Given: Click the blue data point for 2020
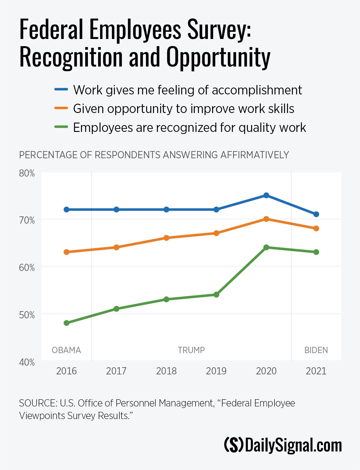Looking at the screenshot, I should point(266,195).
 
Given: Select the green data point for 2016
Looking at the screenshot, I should point(67,323).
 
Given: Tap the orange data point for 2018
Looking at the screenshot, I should point(166,238).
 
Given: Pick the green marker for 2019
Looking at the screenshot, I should point(216,295).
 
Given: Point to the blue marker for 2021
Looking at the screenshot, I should point(316,214).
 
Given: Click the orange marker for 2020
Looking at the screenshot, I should point(266,219).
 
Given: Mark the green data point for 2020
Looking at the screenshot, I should point(266,247).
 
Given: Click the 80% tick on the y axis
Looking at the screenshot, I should point(27,173).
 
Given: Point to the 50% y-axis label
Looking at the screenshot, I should point(27,315).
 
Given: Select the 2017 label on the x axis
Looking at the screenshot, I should point(116,371).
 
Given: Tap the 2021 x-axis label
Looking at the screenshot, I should point(316,371).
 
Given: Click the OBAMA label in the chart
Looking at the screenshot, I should point(66,350).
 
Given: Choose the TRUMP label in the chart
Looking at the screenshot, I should point(191,350).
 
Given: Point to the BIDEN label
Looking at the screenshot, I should point(316,350).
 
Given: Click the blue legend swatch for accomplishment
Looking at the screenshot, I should point(61,89).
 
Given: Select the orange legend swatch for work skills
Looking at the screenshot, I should point(61,108).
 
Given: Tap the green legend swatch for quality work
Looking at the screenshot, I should point(61,127).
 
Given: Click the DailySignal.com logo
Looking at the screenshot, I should point(283,445).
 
